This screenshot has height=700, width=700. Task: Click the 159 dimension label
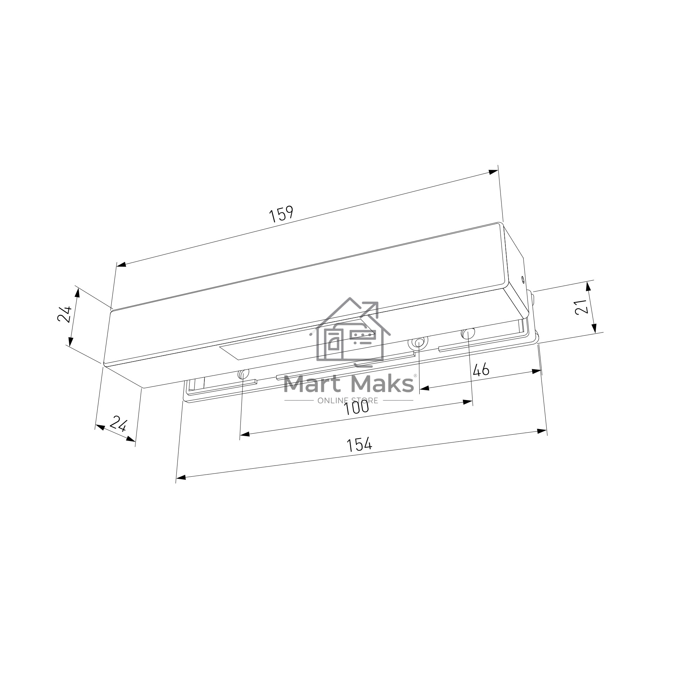point(281,214)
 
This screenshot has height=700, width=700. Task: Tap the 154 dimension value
point(359,444)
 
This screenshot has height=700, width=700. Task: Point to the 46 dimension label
point(481,370)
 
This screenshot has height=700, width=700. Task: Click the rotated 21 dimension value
point(581,307)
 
